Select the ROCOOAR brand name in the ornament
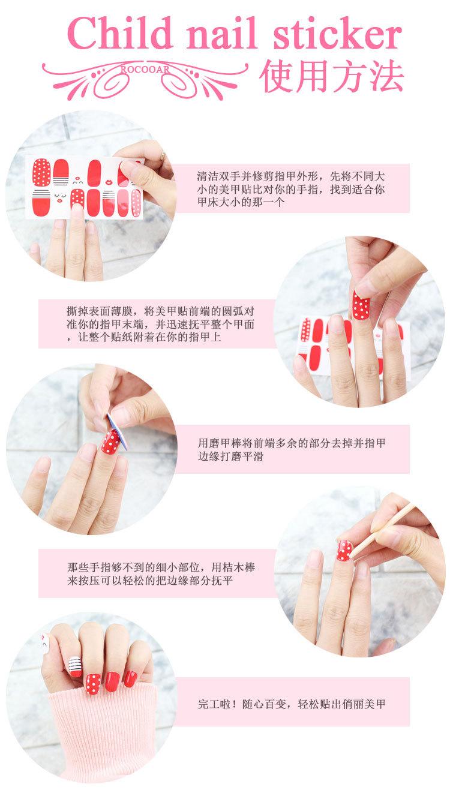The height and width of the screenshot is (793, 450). coord(145,69)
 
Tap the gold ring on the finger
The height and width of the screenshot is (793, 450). coord(162,155)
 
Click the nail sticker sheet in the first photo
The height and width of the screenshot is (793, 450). coord(84,187)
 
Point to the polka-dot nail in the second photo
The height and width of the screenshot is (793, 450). coord(361,305)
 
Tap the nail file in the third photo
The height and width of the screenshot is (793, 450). coord(114,426)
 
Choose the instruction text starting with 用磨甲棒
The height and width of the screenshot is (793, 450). coord(292,449)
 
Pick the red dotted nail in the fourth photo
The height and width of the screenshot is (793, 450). coord(344,550)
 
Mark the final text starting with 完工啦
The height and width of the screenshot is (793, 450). coord(292,704)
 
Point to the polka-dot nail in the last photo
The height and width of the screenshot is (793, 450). coord(92,683)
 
